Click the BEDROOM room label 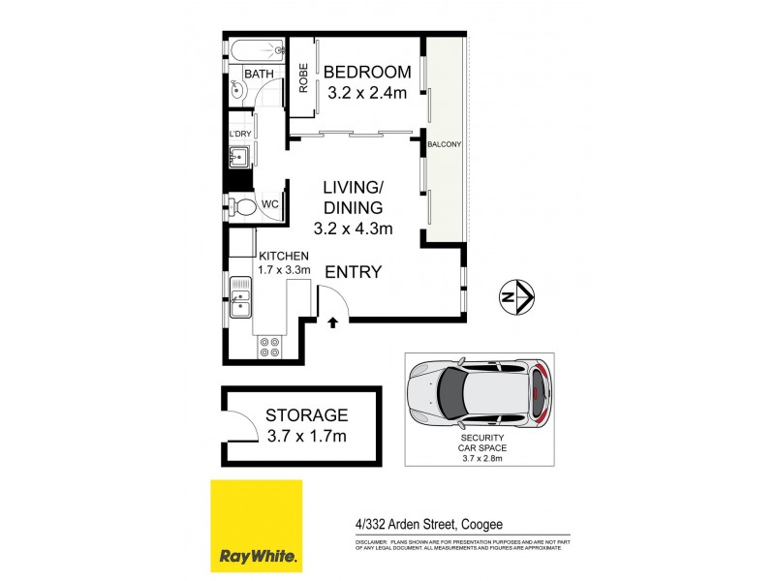coord(367,73)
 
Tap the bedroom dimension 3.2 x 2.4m coord(367,94)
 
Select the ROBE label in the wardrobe coord(303,77)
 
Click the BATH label coord(259,74)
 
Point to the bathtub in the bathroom coord(257,48)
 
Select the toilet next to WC coord(242,206)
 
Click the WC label coord(270,205)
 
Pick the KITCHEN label coord(284,255)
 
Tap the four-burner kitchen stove coord(268,346)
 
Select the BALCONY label coord(444,144)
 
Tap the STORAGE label coord(306,415)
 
